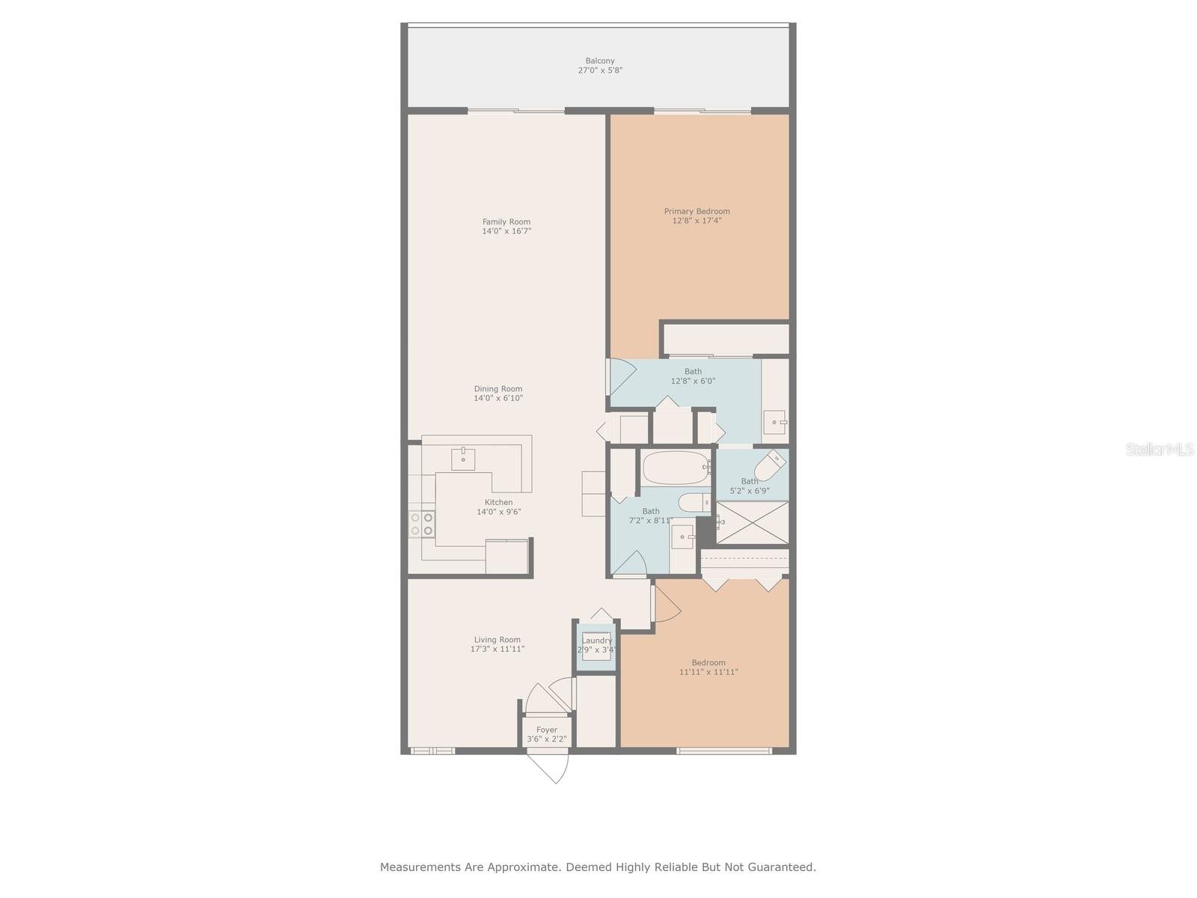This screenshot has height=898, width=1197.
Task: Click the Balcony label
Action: tap(600, 61)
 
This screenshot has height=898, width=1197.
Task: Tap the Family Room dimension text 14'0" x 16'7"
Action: tap(506, 231)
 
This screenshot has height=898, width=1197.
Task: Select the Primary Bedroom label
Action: tap(697, 212)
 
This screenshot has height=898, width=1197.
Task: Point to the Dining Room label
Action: tap(498, 388)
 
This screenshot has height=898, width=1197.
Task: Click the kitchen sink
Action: tap(463, 459)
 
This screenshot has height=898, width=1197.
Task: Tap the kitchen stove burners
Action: tap(422, 523)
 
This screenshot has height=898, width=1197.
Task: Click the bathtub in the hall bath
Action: tap(675, 468)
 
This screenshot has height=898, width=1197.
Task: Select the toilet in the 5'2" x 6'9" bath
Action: tap(770, 465)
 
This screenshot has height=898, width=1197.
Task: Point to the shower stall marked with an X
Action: tap(751, 522)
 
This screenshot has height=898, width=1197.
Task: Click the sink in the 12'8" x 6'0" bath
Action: tap(775, 422)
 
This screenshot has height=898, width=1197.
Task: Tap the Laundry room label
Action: tap(596, 641)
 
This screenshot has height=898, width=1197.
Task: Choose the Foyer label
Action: tap(546, 730)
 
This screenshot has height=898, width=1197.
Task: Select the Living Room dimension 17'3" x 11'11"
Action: tap(498, 649)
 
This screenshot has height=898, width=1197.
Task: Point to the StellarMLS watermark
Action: tap(1160, 449)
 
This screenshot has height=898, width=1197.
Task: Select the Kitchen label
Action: tap(498, 502)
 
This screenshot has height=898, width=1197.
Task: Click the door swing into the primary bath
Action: tap(622, 376)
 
